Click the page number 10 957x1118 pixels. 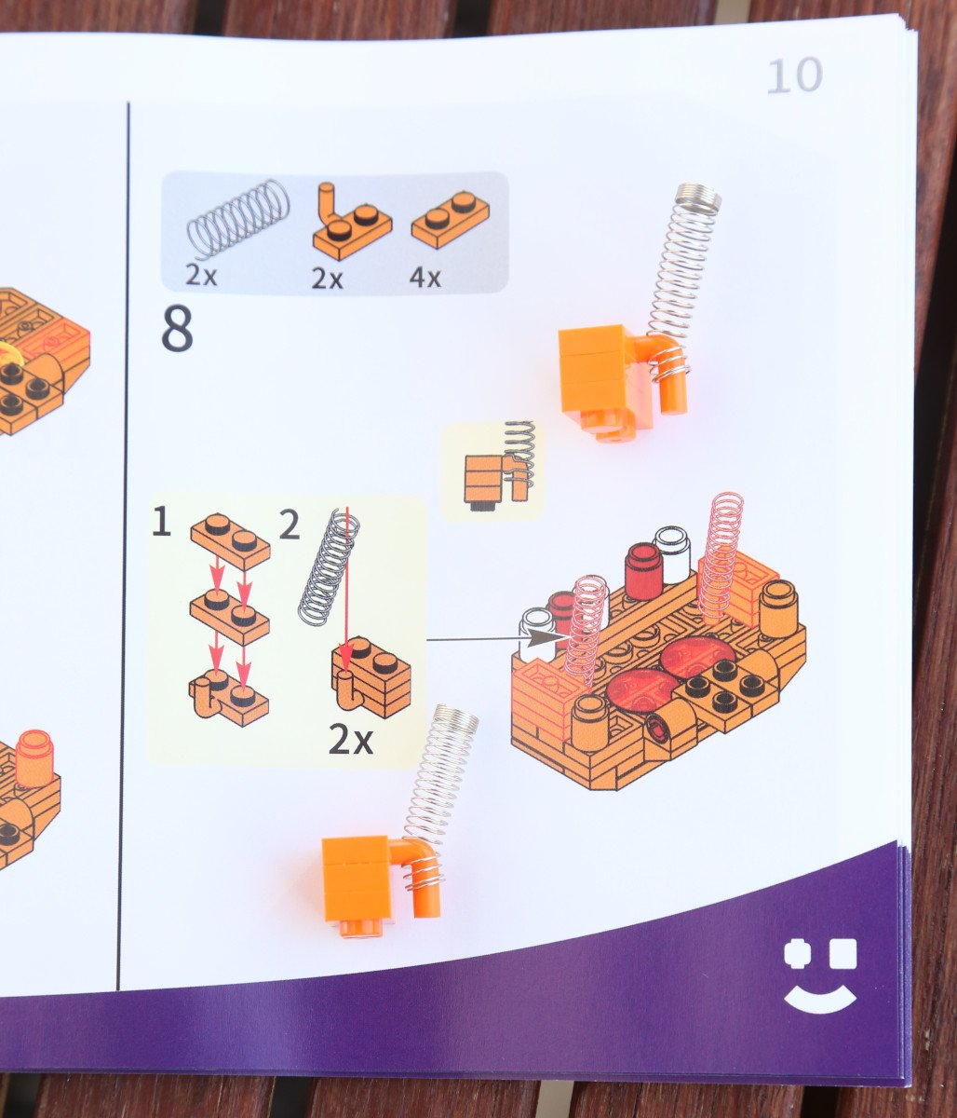point(795,75)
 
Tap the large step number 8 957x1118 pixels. point(177,328)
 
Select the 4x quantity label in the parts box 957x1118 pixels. point(425,278)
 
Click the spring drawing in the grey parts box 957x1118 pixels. point(238,218)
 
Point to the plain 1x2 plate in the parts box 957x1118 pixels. point(451,220)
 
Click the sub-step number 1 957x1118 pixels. point(161,523)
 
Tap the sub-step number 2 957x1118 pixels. point(290,525)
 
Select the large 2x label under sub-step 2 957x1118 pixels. point(351,740)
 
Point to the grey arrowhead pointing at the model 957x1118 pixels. point(543,638)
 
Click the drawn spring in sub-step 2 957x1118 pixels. point(329,567)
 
